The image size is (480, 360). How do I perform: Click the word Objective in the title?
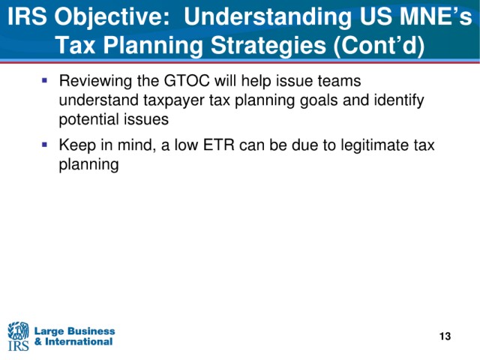112,17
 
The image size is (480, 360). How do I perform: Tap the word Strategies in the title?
268,45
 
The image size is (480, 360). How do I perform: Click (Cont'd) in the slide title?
379,45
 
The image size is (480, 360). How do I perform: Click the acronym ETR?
218,145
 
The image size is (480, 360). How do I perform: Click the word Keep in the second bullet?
77,145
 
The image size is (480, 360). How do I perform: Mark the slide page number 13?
445,337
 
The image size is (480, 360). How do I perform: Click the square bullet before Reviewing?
45,81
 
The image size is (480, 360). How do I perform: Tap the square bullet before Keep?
45,145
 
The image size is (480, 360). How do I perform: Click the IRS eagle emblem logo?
18,336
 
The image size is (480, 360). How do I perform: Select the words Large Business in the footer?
75,331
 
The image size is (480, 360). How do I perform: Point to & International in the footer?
73,342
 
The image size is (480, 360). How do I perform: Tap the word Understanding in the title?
268,17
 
